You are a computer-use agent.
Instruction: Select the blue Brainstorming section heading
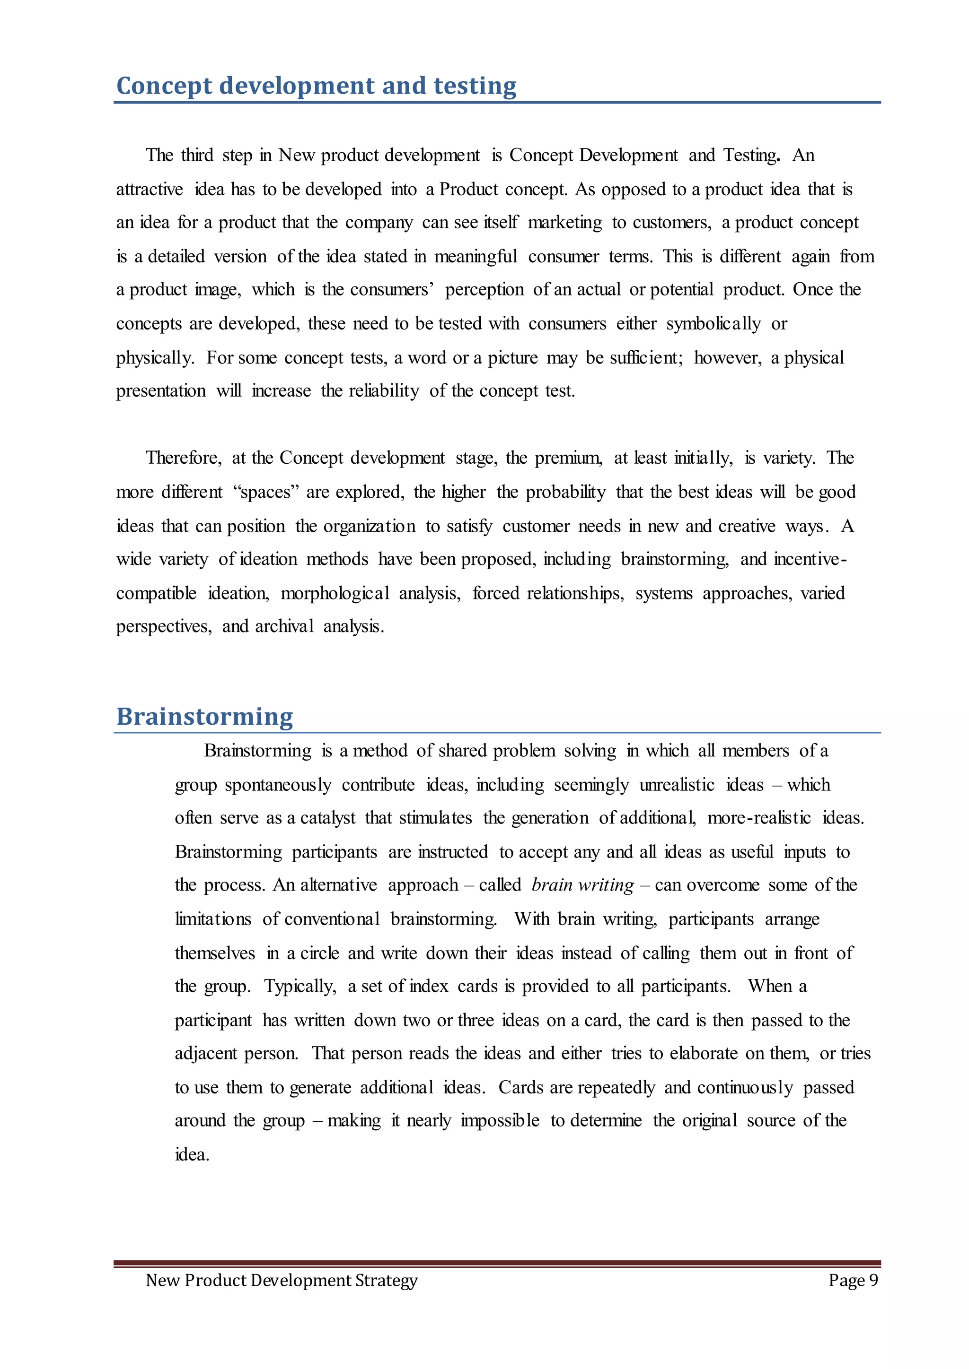pos(205,716)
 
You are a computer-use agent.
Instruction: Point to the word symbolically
pos(713,324)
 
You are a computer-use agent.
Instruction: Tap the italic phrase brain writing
pos(582,885)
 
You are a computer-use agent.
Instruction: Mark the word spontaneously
pos(278,785)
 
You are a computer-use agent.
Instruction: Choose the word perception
pos(484,290)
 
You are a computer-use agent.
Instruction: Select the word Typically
pos(300,986)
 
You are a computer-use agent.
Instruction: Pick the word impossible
pos(500,1121)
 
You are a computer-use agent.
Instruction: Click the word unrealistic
pos(677,785)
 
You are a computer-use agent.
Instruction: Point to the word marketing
pos(564,222)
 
